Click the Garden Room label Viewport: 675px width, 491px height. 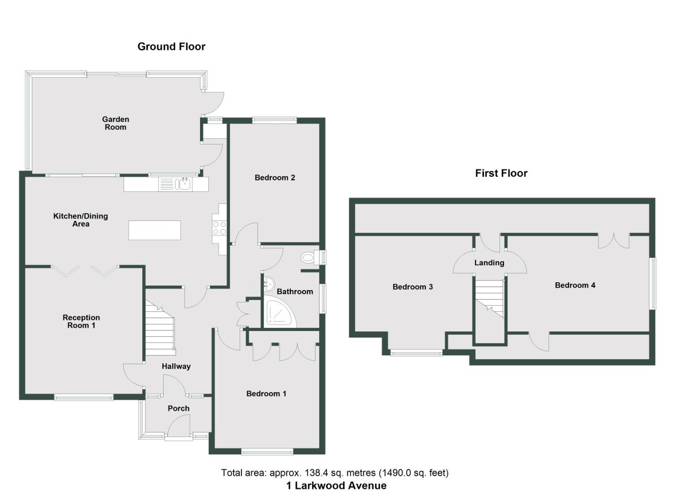click(x=115, y=123)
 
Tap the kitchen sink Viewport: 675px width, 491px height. click(x=185, y=184)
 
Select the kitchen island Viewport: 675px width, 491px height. click(x=155, y=230)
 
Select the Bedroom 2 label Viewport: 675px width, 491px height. click(x=275, y=178)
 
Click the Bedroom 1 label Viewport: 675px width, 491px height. click(x=266, y=394)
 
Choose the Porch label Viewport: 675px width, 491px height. click(x=179, y=409)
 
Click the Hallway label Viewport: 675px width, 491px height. click(x=176, y=366)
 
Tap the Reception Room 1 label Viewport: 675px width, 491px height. click(x=81, y=321)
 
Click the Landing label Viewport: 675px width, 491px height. click(x=489, y=263)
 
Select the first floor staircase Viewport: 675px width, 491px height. click(x=490, y=298)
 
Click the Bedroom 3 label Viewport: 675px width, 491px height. click(x=412, y=287)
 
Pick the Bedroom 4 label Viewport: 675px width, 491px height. click(x=575, y=286)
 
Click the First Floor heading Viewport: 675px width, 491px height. click(x=501, y=173)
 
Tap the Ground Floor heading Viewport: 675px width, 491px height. click(x=171, y=46)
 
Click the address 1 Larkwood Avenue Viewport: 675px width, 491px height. click(x=336, y=486)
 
